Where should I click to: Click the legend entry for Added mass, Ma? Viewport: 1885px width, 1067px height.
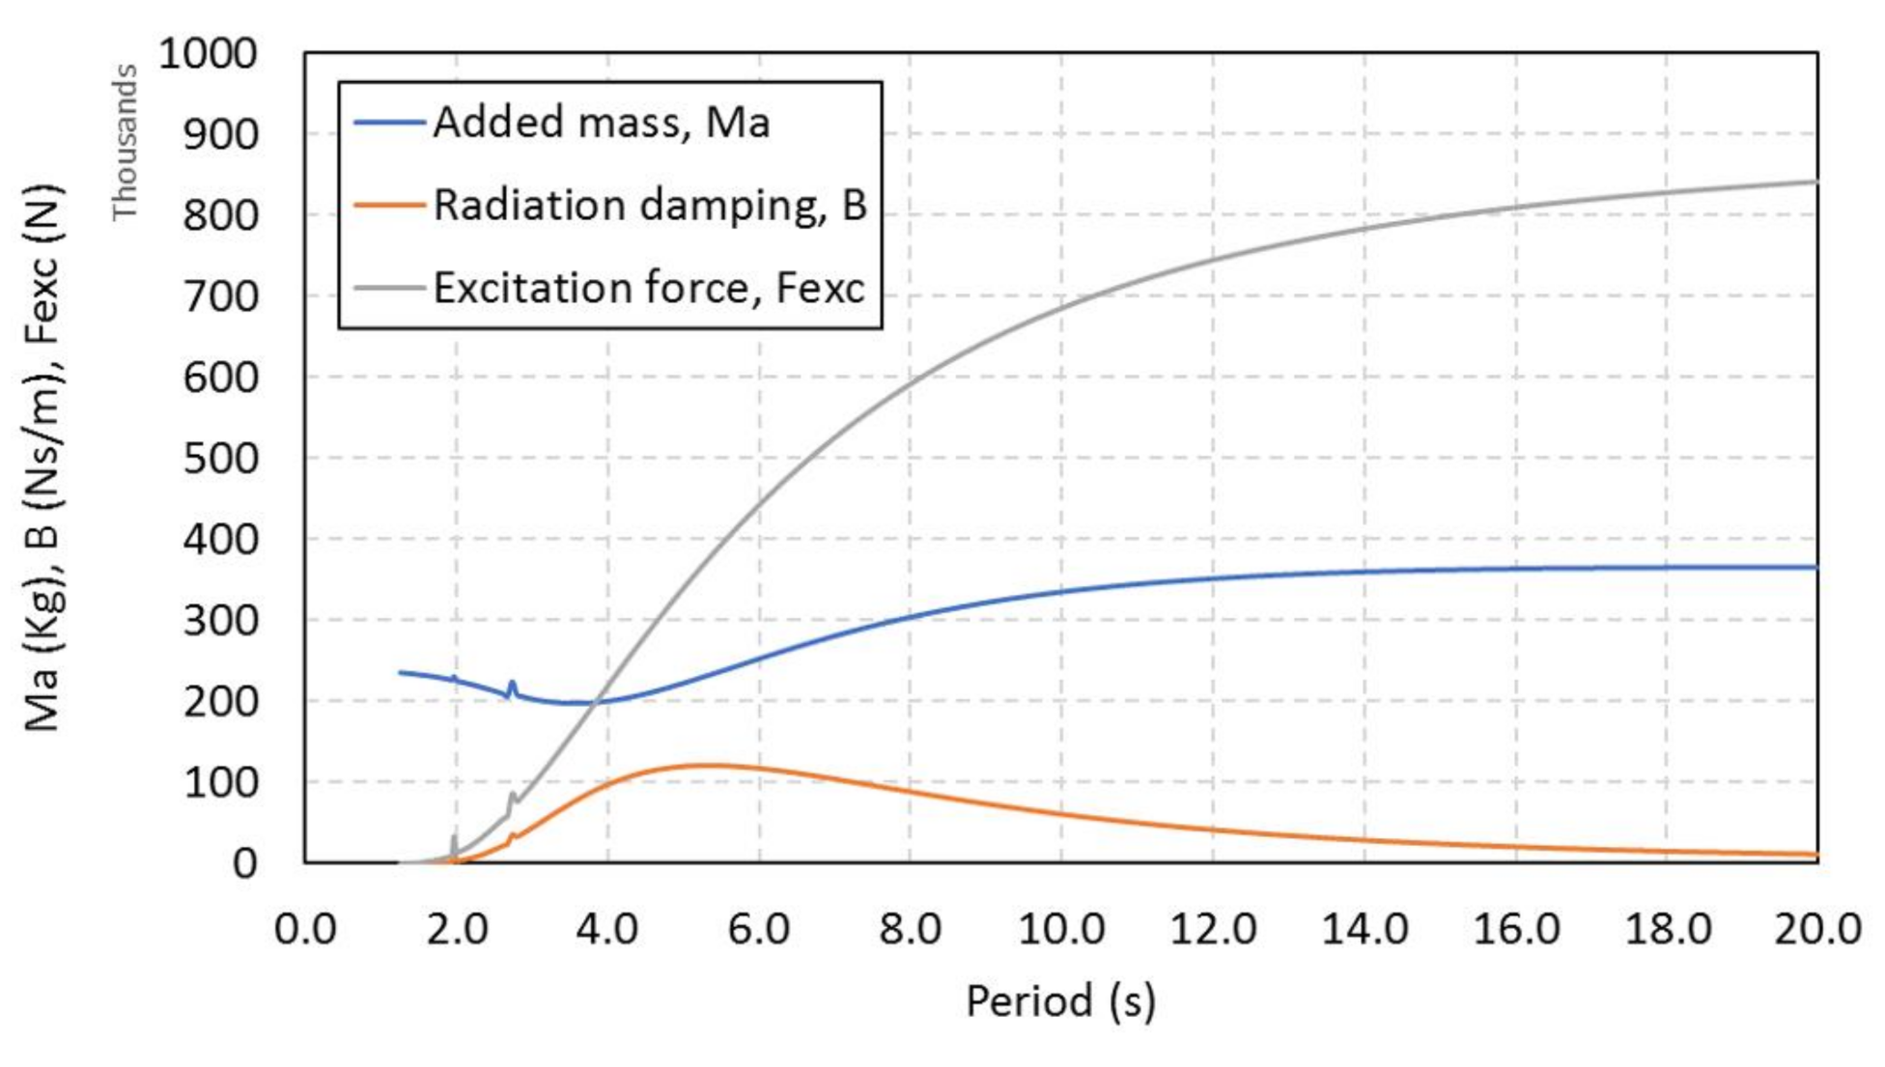601,123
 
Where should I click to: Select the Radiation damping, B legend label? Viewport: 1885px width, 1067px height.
649,206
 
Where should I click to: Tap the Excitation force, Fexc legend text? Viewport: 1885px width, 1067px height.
648,288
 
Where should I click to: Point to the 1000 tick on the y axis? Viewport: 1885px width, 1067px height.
208,53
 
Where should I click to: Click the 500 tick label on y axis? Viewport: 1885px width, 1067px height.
220,458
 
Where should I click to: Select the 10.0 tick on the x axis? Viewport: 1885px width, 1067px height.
1061,929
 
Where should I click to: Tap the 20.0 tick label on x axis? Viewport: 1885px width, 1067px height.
1817,929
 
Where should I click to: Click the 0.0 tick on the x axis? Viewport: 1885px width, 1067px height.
305,929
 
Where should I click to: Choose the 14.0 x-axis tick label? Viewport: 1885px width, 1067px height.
1364,929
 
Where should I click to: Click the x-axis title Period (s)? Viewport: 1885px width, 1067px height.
1060,1000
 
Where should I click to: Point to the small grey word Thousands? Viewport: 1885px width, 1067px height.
125,143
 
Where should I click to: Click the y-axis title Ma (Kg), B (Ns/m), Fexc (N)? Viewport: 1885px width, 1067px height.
43,458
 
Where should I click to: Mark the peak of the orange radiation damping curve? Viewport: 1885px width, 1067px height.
710,765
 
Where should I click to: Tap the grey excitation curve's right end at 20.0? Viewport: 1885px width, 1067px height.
1815,182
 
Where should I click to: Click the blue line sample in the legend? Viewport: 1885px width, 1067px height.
389,123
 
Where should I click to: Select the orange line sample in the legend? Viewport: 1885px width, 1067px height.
389,206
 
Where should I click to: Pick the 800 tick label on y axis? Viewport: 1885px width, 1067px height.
220,214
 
